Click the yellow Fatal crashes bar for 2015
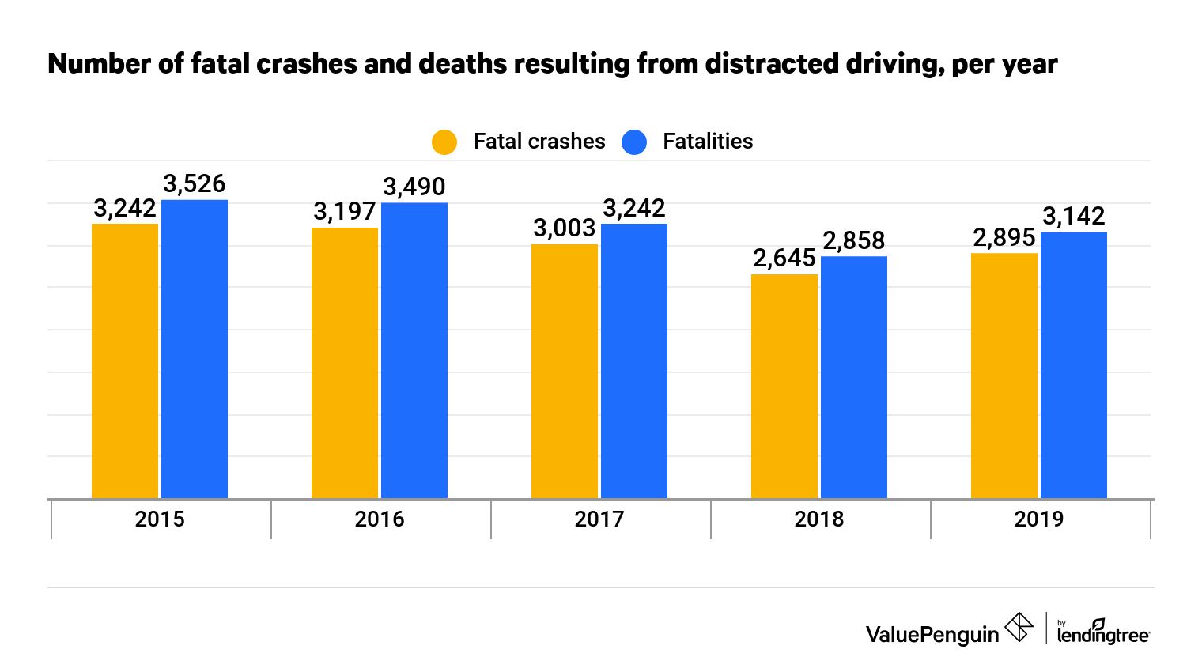coord(125,361)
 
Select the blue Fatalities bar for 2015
coord(195,349)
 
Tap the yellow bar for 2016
coord(345,363)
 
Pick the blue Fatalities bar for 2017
coord(634,361)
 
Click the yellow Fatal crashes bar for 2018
coord(784,386)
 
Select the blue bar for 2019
coord(1074,364)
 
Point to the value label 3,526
coord(195,183)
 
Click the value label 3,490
coord(414,187)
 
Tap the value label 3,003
coord(564,228)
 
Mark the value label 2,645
coord(784,258)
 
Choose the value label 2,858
coord(854,240)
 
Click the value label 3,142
coord(1074,216)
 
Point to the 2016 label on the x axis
coord(380,519)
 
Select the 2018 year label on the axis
coord(819,519)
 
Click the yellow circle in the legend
coord(444,142)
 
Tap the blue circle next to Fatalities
coord(634,142)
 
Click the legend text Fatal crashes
coord(539,142)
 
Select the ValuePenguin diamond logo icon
coord(1019,629)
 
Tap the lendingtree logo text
coord(1103,634)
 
